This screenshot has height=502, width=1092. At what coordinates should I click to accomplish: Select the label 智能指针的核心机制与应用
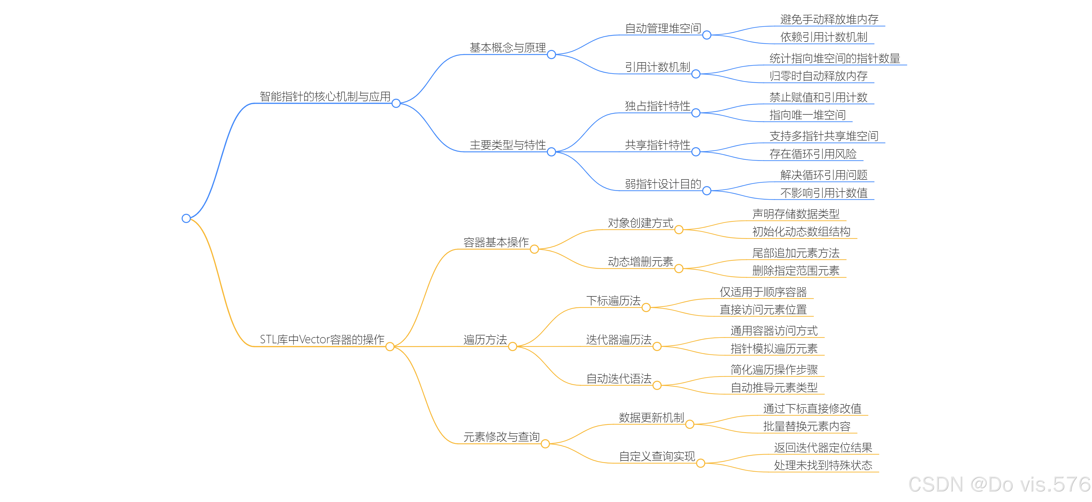coord(325,96)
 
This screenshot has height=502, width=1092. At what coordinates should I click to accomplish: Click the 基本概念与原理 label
coord(508,48)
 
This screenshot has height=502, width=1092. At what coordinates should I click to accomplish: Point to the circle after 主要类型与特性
coord(551,152)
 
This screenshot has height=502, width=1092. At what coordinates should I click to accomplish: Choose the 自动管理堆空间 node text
coord(663,28)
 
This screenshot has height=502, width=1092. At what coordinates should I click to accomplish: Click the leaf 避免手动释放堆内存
coord(829,19)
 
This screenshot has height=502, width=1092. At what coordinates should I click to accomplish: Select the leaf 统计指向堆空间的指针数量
coord(835,58)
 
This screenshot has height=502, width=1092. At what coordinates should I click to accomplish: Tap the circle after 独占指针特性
coord(696,113)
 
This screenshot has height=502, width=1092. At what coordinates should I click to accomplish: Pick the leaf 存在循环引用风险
coord(813,154)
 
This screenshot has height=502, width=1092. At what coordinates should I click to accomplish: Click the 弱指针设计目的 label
coord(663,184)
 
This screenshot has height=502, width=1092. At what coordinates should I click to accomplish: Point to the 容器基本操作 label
coord(496,242)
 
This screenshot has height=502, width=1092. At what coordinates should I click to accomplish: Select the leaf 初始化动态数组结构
coord(801,232)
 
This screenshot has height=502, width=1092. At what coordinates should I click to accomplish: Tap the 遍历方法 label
coord(485,340)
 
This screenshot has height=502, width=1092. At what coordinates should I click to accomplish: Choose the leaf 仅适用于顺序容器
coord(763,292)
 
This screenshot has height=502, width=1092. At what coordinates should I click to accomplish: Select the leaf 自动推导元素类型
coord(774,388)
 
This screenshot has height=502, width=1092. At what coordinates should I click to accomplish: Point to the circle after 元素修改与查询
coord(545,444)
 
